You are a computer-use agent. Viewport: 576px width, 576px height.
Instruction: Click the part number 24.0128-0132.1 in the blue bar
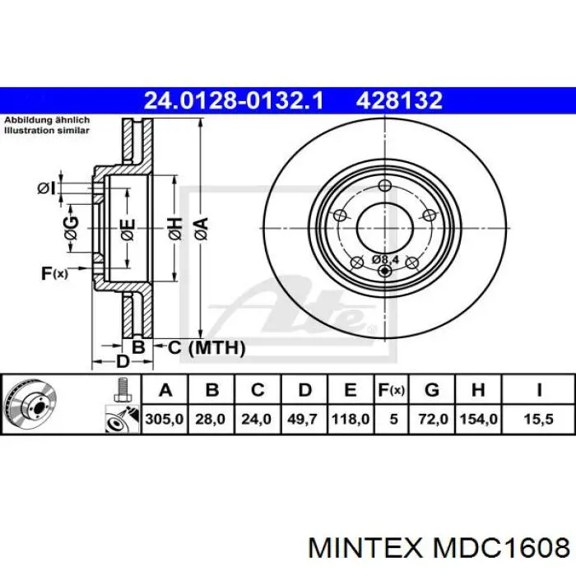pos(234,100)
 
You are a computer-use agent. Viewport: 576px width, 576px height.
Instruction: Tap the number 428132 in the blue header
pos(399,100)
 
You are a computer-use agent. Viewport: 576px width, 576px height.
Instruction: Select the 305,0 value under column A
pos(165,419)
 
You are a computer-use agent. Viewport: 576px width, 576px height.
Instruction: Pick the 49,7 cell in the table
pos(303,419)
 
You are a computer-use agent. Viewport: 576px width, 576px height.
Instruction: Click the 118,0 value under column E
pos(350,419)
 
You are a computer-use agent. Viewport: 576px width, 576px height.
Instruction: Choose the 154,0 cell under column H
pos(478,419)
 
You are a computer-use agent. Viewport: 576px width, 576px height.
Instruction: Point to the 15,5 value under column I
pos(538,419)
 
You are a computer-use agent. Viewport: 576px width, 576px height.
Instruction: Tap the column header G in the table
pos(432,389)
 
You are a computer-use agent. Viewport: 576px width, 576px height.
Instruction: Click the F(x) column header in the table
pos(391,390)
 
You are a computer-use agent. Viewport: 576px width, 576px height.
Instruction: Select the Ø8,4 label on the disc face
pos(385,259)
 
